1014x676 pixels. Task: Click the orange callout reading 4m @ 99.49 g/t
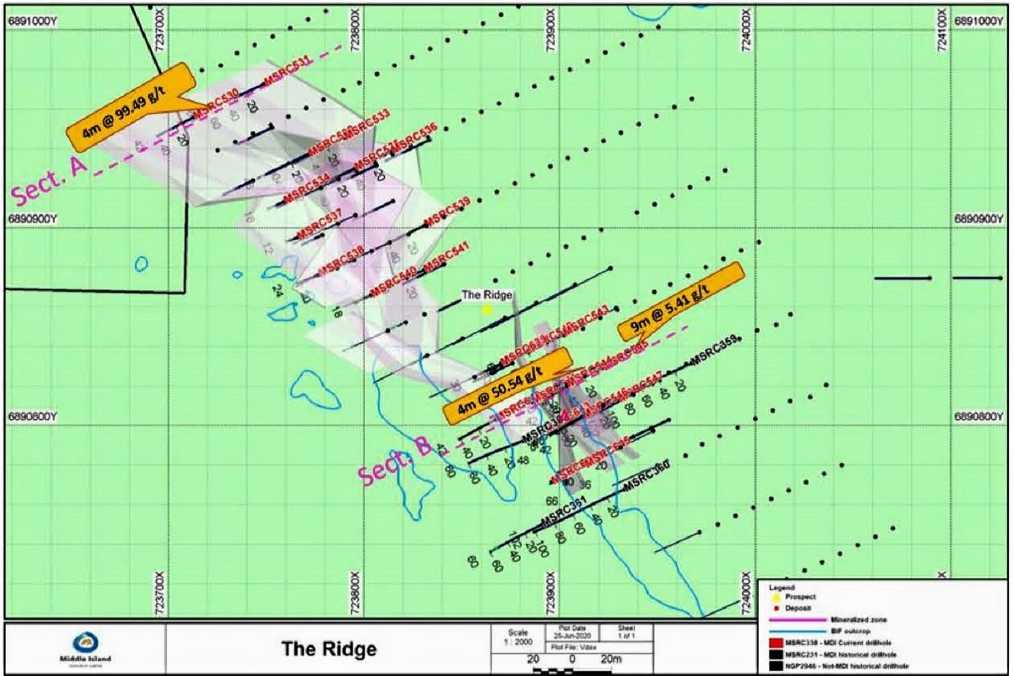pyautogui.click(x=130, y=107)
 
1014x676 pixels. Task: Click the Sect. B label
pyautogui.click(x=394, y=461)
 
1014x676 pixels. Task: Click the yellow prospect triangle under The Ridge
pyautogui.click(x=487, y=308)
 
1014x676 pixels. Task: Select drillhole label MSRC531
pyautogui.click(x=287, y=71)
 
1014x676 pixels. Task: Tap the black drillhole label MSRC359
pyautogui.click(x=714, y=349)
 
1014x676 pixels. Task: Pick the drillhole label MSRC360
pyautogui.click(x=646, y=475)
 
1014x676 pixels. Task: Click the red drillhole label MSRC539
pyautogui.click(x=447, y=211)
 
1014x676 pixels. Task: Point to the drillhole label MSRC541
pyautogui.click(x=446, y=256)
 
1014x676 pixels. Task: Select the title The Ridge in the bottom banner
pyautogui.click(x=329, y=649)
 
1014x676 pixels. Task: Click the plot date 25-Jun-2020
pyautogui.click(x=571, y=635)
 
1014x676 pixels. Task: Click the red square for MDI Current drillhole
pyautogui.click(x=775, y=643)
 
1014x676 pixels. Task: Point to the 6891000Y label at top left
pyautogui.click(x=32, y=21)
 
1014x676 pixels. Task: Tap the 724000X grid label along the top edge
pyautogui.click(x=746, y=30)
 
